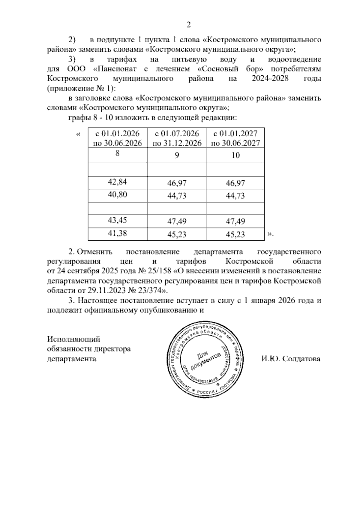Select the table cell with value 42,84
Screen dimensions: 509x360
[117, 182]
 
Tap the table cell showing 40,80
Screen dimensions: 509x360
[117, 195]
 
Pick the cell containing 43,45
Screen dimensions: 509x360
[117, 221]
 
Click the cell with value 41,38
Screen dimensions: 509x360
[117, 233]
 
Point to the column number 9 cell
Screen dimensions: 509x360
[177, 155]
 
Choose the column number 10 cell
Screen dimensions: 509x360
[236, 155]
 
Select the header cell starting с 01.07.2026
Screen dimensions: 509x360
[177, 138]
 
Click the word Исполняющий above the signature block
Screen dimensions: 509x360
[73, 339]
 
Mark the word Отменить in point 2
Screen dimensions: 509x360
[94, 251]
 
